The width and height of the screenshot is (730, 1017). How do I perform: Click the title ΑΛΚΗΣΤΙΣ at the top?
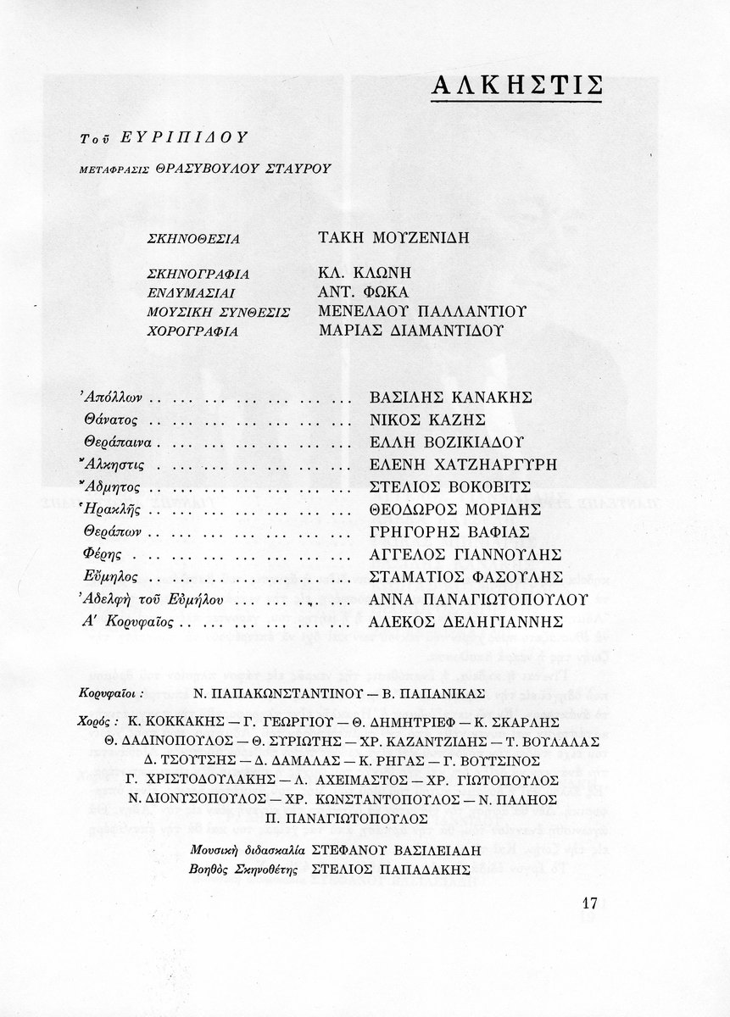(x=517, y=86)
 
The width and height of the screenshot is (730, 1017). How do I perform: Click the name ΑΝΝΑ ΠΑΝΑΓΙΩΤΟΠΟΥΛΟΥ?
(x=480, y=600)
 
